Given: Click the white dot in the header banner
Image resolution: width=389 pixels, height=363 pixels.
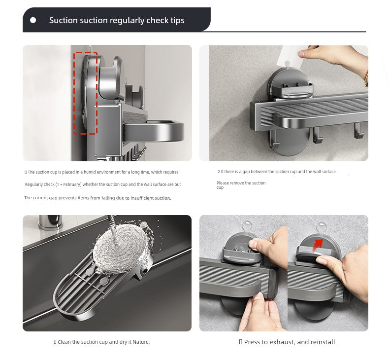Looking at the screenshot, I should tap(33, 20).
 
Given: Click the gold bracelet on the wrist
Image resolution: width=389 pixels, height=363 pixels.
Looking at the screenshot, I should tap(365, 78).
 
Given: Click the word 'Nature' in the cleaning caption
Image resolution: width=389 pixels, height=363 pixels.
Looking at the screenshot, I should tap(141, 342).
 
